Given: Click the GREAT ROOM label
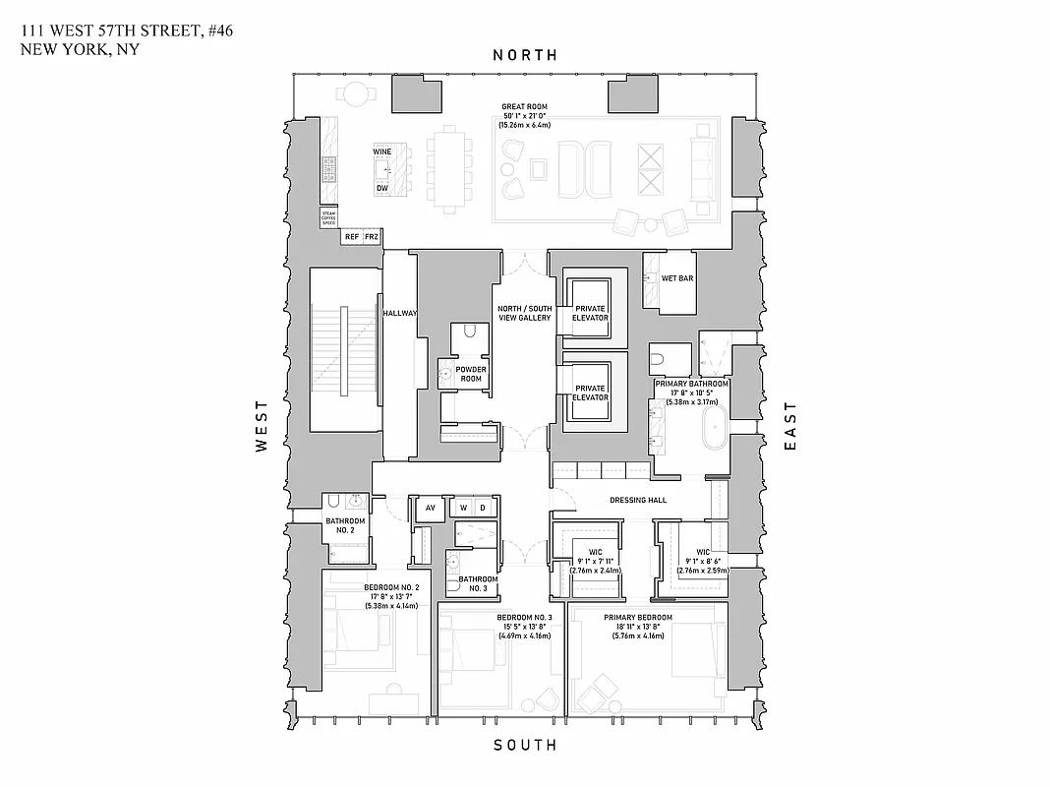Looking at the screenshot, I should pos(524,106).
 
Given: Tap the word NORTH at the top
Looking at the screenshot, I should pos(524,56).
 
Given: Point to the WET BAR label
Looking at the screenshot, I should pos(677,278).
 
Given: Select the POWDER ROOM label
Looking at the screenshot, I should pos(471,374).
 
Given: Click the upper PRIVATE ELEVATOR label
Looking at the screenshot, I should pos(591,313).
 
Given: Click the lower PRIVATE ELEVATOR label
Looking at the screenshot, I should pos(591,393).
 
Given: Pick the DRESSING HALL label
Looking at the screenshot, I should pos(638,500).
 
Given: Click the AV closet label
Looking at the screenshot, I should pos(430,508).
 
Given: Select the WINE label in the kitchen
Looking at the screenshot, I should pos(382,151).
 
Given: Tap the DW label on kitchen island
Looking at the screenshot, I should pos(382,188).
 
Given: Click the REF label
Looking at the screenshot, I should pos(351,237).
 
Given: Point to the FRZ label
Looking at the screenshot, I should pos(372,237).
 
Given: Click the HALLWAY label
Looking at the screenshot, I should pos(400,313).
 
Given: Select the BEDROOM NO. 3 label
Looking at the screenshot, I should pos(524,618).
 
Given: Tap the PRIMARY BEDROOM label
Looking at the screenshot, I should pos(622,618).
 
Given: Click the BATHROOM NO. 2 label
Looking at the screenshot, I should pos(345,525).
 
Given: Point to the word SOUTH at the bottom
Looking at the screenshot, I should pos(524,745).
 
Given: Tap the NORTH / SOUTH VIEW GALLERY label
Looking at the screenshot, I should pos(523,312).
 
